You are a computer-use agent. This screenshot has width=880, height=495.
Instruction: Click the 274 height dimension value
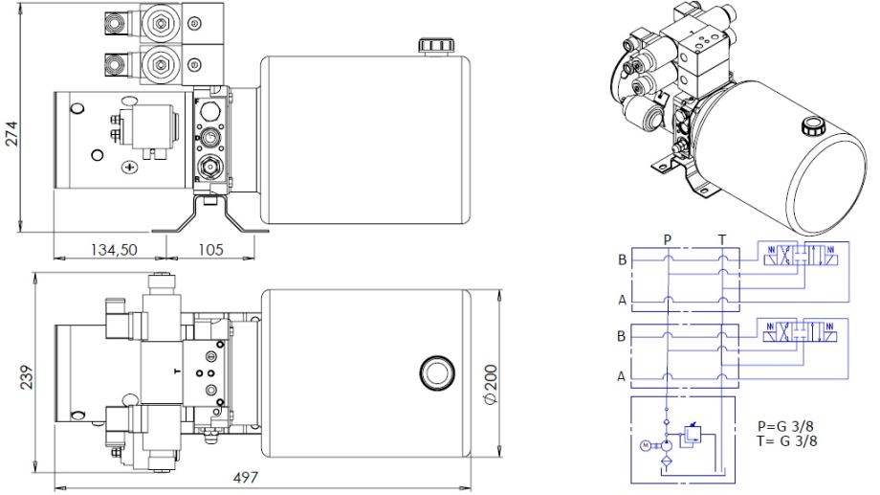[11, 133]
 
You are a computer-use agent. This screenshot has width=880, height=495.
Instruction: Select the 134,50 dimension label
[114, 250]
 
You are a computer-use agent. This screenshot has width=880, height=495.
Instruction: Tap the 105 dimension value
[211, 250]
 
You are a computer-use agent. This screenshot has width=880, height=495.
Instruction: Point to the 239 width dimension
[27, 377]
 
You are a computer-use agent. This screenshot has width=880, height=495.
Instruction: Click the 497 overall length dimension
[246, 478]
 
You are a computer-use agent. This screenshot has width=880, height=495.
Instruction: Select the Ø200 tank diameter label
[491, 385]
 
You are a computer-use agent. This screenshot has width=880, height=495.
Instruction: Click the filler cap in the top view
[436, 371]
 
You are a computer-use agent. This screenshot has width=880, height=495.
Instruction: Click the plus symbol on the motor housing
[130, 168]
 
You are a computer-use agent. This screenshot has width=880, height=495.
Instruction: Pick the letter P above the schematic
[668, 240]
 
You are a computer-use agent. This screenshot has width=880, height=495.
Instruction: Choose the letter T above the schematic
[722, 240]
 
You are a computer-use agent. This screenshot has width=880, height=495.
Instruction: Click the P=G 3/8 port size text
[785, 426]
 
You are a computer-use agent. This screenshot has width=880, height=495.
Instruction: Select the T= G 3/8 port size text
[785, 440]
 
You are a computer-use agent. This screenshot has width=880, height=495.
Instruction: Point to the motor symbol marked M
[646, 445]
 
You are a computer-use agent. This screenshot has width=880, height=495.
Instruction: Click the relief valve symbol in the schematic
[691, 435]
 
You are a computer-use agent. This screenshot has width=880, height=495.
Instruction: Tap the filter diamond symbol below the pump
[667, 461]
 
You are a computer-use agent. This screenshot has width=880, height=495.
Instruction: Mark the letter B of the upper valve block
[622, 260]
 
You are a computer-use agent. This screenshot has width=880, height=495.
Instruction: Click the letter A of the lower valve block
[622, 376]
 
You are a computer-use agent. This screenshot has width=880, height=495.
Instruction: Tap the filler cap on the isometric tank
[811, 125]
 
